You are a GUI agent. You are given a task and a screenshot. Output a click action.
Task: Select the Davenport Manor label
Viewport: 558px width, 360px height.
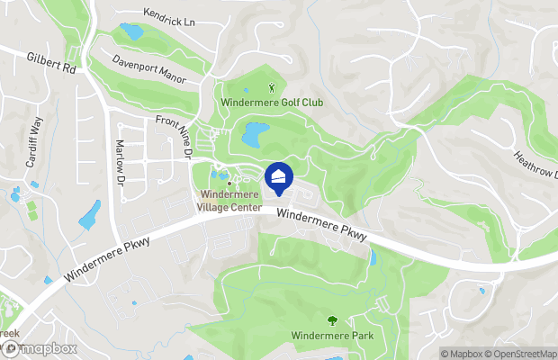pyautogui.click(x=148, y=70)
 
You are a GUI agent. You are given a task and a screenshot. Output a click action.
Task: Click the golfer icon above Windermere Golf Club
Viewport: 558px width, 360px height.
pyautogui.click(x=274, y=88)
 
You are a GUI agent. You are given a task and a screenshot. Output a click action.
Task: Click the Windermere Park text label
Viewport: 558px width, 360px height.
pyautogui.click(x=332, y=336)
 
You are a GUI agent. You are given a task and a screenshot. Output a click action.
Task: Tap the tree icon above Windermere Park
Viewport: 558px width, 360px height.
pyautogui.click(x=332, y=320)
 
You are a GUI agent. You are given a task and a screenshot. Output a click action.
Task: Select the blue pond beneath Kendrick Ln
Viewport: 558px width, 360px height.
pyautogui.click(x=131, y=33)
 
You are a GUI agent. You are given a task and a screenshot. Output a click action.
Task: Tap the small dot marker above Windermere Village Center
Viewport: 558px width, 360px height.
pyautogui.click(x=229, y=184)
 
